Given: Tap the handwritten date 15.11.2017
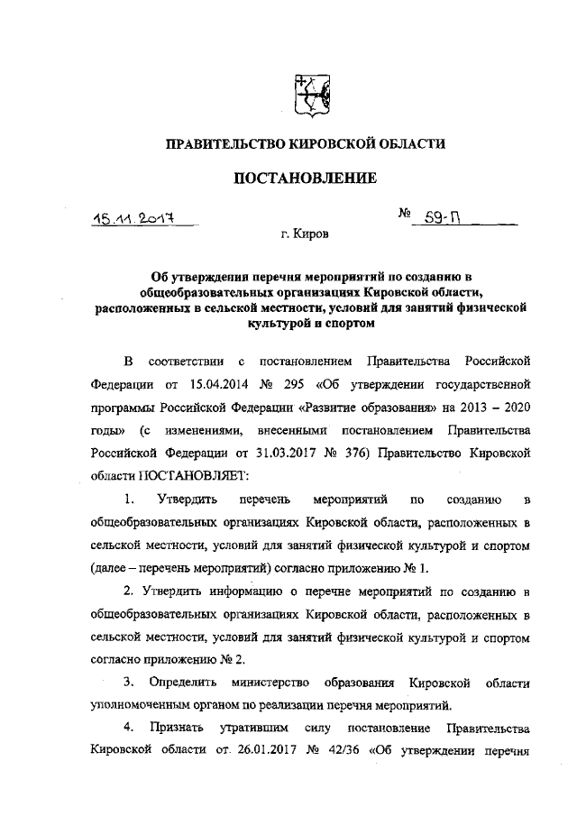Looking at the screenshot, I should click(138, 219).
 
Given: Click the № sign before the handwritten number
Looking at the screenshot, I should click(404, 215).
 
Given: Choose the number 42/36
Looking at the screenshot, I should click(338, 750).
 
